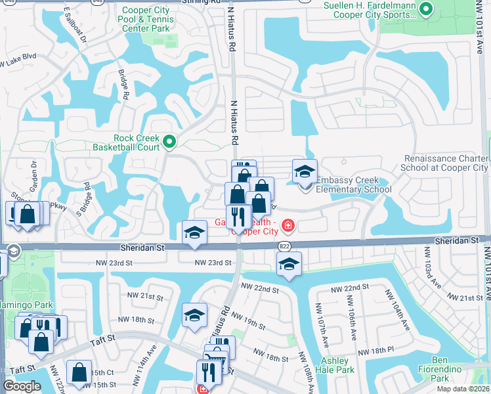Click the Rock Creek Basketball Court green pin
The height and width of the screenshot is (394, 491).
169,141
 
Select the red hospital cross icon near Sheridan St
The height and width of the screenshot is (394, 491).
288,227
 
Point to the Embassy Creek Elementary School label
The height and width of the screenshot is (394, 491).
353,185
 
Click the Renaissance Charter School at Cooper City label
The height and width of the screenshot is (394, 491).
446,163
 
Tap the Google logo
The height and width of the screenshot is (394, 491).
22,386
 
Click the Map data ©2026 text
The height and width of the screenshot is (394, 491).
462,389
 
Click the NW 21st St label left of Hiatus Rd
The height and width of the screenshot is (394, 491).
146,297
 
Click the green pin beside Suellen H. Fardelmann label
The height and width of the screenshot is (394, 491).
425,9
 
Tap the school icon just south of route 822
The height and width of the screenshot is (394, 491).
289,265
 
